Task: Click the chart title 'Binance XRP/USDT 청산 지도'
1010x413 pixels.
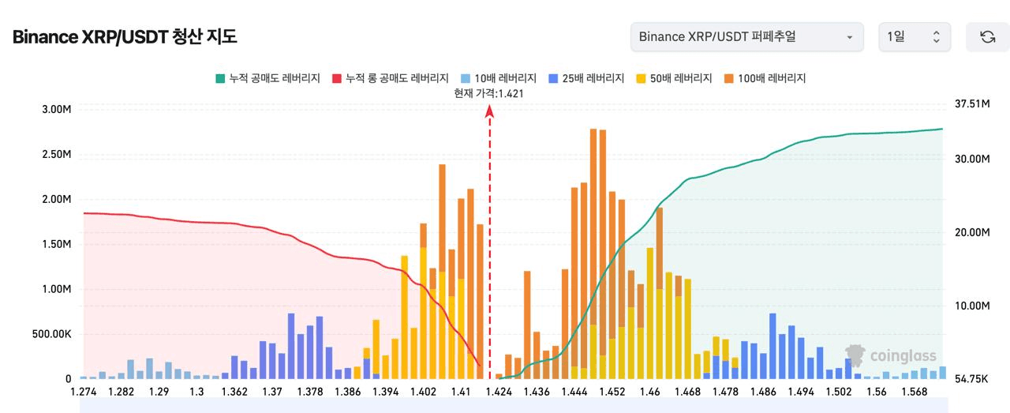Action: click(125, 37)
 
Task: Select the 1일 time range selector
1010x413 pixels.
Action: click(915, 37)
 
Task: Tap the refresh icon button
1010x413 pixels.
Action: click(987, 37)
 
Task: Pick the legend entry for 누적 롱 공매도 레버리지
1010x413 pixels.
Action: click(390, 78)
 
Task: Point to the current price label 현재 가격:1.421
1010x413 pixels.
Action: click(489, 93)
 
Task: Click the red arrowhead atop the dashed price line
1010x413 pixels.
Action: click(489, 111)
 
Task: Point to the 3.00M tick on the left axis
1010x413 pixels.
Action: click(56, 109)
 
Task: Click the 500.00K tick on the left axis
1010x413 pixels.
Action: click(51, 334)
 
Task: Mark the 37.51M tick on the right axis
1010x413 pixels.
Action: click(972, 103)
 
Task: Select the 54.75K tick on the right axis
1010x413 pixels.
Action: click(972, 380)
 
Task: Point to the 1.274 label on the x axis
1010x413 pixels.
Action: click(83, 392)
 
